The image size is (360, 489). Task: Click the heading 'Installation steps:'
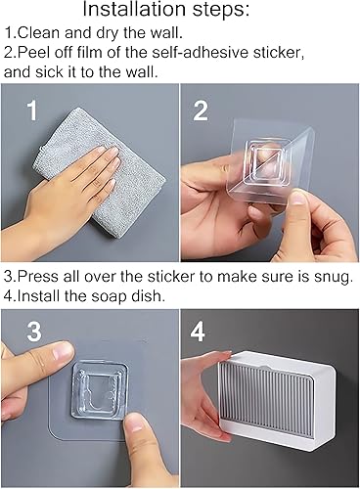click(x=179, y=12)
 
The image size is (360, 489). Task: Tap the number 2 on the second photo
click(x=201, y=111)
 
